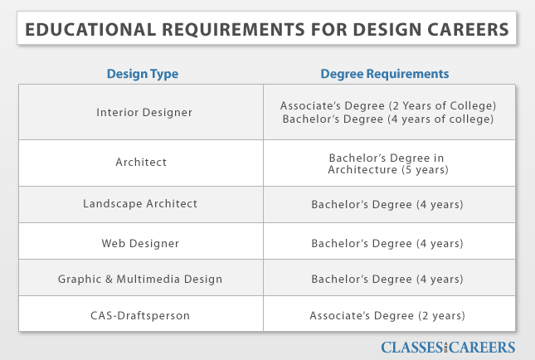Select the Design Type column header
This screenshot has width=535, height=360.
pyautogui.click(x=142, y=74)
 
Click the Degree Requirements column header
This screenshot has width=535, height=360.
pyautogui.click(x=385, y=74)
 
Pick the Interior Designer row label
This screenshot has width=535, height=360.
pyautogui.click(x=144, y=112)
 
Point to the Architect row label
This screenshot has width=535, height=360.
pyautogui.click(x=141, y=163)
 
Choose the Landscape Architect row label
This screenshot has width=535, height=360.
pyautogui.click(x=140, y=204)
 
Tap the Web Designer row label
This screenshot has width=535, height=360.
pyautogui.click(x=140, y=243)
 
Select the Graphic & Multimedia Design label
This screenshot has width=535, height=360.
pyautogui.click(x=140, y=280)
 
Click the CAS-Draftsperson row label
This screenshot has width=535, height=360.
pyautogui.click(x=140, y=315)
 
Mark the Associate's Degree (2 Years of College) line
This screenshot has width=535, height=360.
pyautogui.click(x=388, y=106)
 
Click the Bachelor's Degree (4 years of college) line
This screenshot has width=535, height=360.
pyautogui.click(x=388, y=119)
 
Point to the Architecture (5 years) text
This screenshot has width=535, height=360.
pyautogui.click(x=388, y=169)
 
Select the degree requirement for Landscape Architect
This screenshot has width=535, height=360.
pyautogui.click(x=387, y=204)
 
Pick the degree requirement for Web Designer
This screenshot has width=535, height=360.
pyautogui.click(x=387, y=243)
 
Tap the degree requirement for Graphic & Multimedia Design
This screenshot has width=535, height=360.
pyautogui.click(x=387, y=280)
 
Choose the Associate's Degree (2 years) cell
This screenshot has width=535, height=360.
pyautogui.click(x=387, y=315)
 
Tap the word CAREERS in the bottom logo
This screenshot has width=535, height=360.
pyautogui.click(x=486, y=347)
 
